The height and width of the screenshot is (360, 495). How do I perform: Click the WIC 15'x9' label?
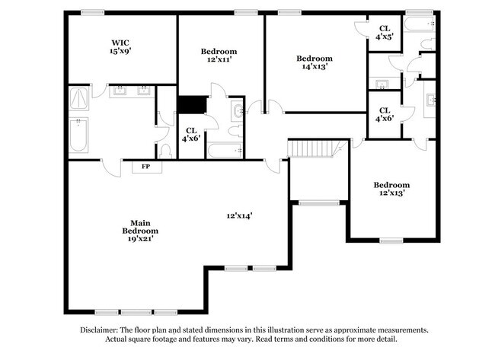(x=120, y=47)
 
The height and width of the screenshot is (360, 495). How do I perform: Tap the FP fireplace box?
(x=145, y=166)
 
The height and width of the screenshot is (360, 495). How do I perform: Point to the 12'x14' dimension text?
(x=239, y=215)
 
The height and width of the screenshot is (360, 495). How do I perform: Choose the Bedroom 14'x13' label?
(x=314, y=62)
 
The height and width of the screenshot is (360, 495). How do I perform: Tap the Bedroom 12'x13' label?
(x=391, y=189)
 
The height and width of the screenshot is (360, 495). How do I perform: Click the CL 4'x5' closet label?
(x=385, y=32)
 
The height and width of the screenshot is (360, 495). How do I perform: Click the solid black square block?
(x=192, y=105)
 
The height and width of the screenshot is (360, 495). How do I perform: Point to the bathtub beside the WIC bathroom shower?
(x=79, y=135)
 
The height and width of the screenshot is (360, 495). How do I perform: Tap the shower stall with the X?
(x=79, y=98)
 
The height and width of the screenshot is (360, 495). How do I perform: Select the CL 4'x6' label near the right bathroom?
(x=385, y=114)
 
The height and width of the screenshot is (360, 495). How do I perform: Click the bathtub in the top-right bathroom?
(x=422, y=28)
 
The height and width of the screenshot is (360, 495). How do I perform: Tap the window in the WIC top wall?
(x=92, y=12)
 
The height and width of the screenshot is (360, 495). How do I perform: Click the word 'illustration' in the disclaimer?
(x=282, y=330)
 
